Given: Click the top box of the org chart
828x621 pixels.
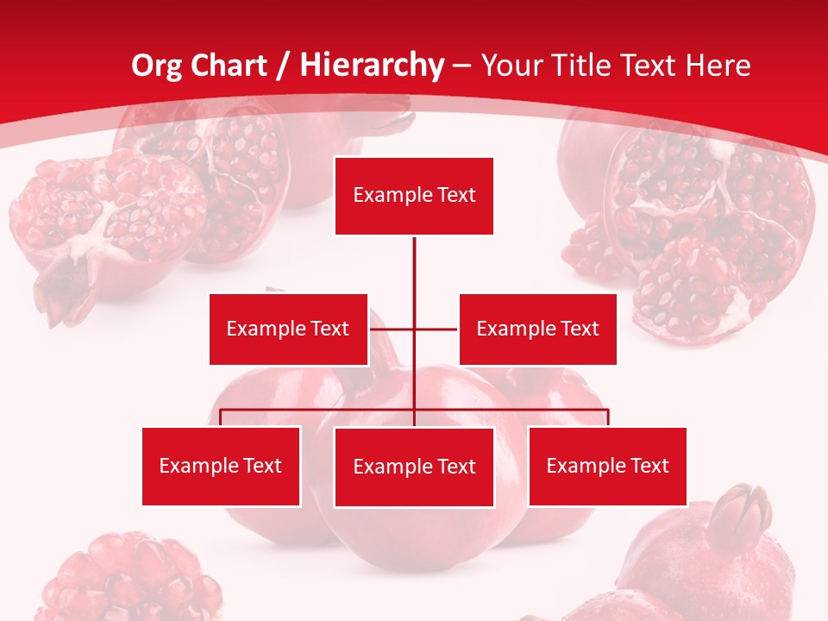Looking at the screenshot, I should pos(414,196).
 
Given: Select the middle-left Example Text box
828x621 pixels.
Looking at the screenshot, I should pos(288,329).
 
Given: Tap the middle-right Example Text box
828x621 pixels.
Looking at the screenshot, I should pos(537,329).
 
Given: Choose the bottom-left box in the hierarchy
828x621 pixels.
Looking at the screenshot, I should pos(221,466).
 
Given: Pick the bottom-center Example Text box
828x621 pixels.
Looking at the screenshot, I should pos(414,467).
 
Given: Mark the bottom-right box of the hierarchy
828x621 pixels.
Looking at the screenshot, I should pos(607,466).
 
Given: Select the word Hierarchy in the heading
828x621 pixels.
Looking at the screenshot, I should pos(372,66).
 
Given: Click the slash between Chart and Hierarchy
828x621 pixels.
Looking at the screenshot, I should pos(283,66).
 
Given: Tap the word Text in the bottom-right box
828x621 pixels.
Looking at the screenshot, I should pos(649,466).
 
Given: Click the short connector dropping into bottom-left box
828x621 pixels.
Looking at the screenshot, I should pos(221,417).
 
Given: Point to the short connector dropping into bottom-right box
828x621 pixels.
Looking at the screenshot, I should pos(608,417).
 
